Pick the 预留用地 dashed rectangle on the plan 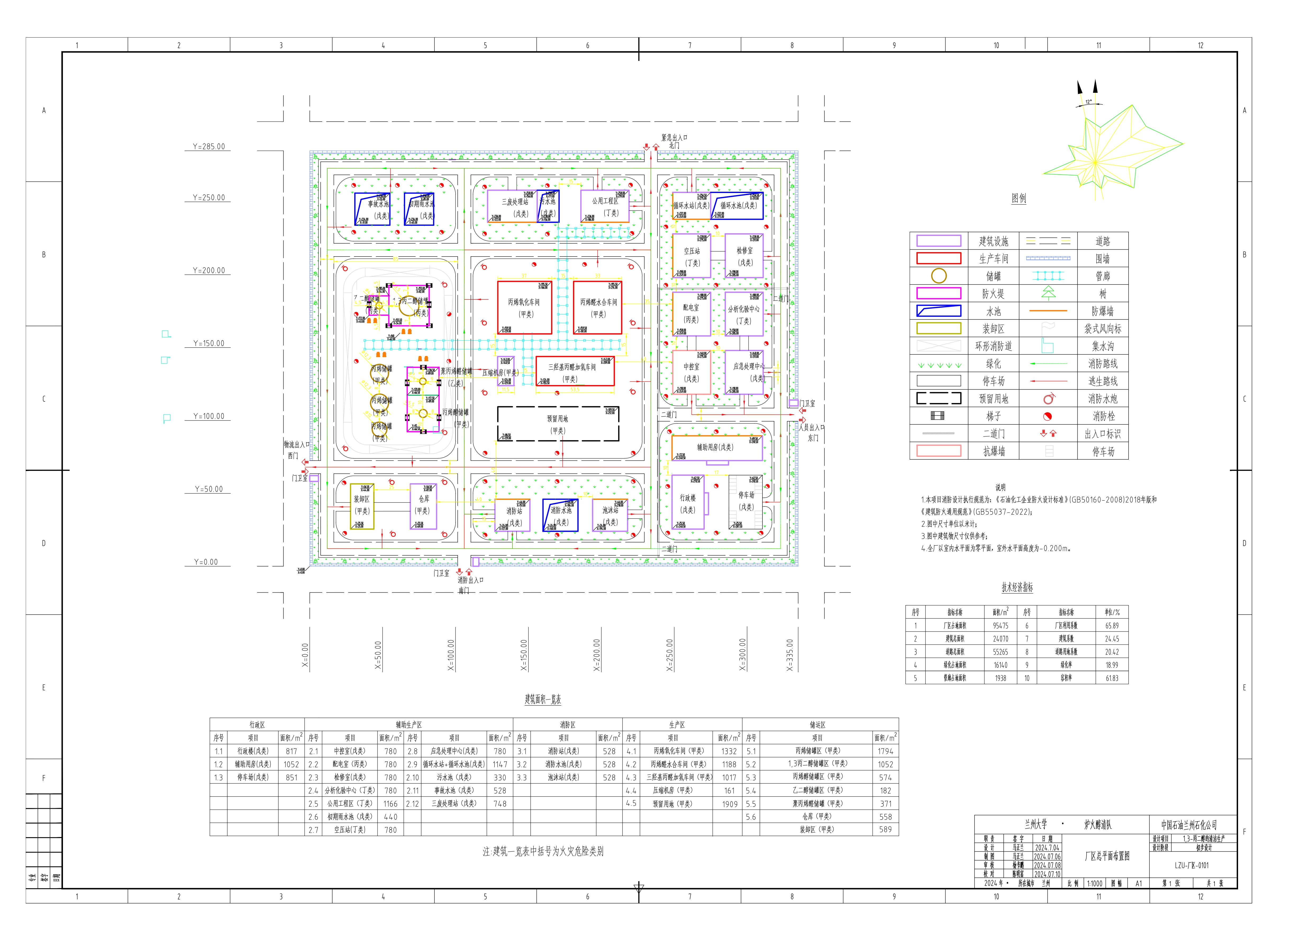[558, 424]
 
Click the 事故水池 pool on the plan [372, 209]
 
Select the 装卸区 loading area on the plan [362, 506]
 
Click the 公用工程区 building [605, 207]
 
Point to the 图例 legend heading [1019, 199]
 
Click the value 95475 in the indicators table [1000, 626]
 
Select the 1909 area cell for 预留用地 [729, 804]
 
